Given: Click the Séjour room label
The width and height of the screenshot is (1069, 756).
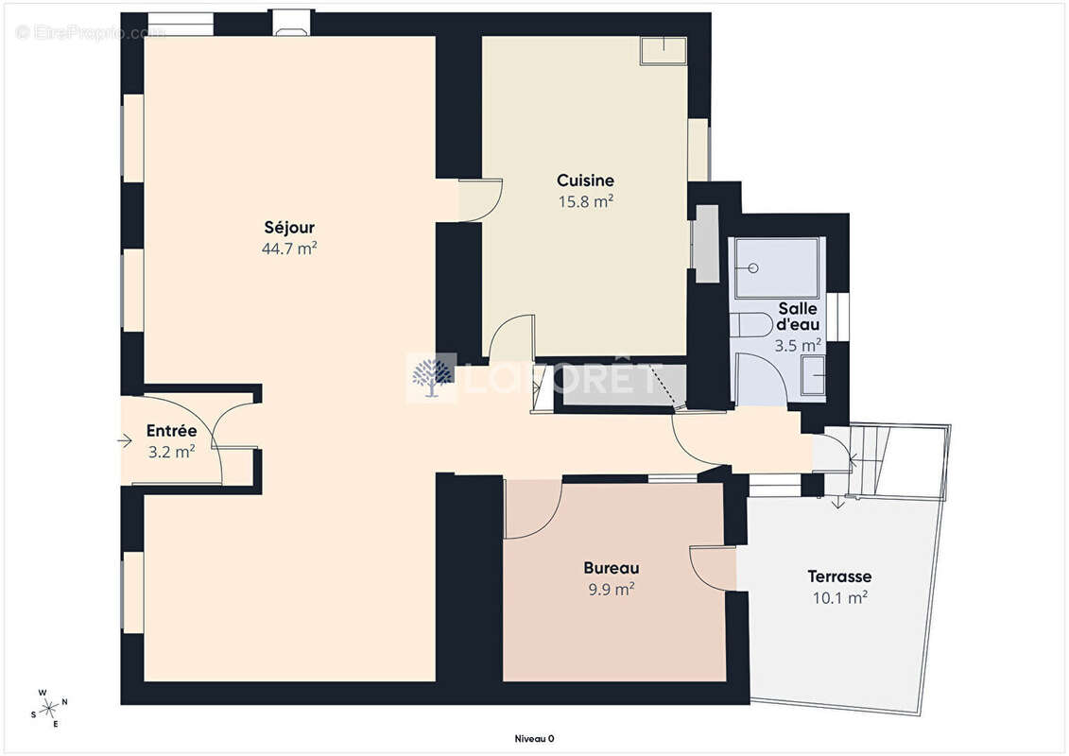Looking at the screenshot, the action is [x=289, y=228].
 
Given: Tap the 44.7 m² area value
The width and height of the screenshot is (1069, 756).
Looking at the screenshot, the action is [x=289, y=249].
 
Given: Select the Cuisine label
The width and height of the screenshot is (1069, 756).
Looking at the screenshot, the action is [x=585, y=180].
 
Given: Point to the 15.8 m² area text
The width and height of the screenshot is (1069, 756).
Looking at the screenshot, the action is [x=585, y=202].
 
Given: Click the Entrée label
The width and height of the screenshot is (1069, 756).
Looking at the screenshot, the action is [x=171, y=431].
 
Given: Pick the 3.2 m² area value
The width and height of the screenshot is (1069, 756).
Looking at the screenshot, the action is [x=171, y=452].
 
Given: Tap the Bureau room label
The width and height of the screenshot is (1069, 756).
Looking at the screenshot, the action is [x=611, y=568].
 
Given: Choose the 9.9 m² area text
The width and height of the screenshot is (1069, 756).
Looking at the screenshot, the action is [x=611, y=589].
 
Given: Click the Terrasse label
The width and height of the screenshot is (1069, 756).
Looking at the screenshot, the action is [x=839, y=576].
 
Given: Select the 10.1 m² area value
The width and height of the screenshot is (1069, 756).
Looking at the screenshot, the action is [x=839, y=598].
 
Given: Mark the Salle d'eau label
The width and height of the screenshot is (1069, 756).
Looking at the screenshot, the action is [x=798, y=317].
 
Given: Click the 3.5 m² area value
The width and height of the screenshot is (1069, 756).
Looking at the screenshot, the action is [x=797, y=346].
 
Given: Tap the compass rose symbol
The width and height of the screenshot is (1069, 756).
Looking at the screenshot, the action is [x=49, y=709].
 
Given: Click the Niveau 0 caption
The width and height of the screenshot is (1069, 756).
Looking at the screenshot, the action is [x=534, y=738].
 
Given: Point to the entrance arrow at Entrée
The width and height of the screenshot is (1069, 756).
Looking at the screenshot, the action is [x=124, y=441].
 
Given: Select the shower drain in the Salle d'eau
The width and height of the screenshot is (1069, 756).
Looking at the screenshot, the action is [x=752, y=268].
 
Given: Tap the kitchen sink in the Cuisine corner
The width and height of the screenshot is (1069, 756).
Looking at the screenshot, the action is [x=663, y=51].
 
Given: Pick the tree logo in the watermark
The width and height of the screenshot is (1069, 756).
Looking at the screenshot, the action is [x=432, y=377].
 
